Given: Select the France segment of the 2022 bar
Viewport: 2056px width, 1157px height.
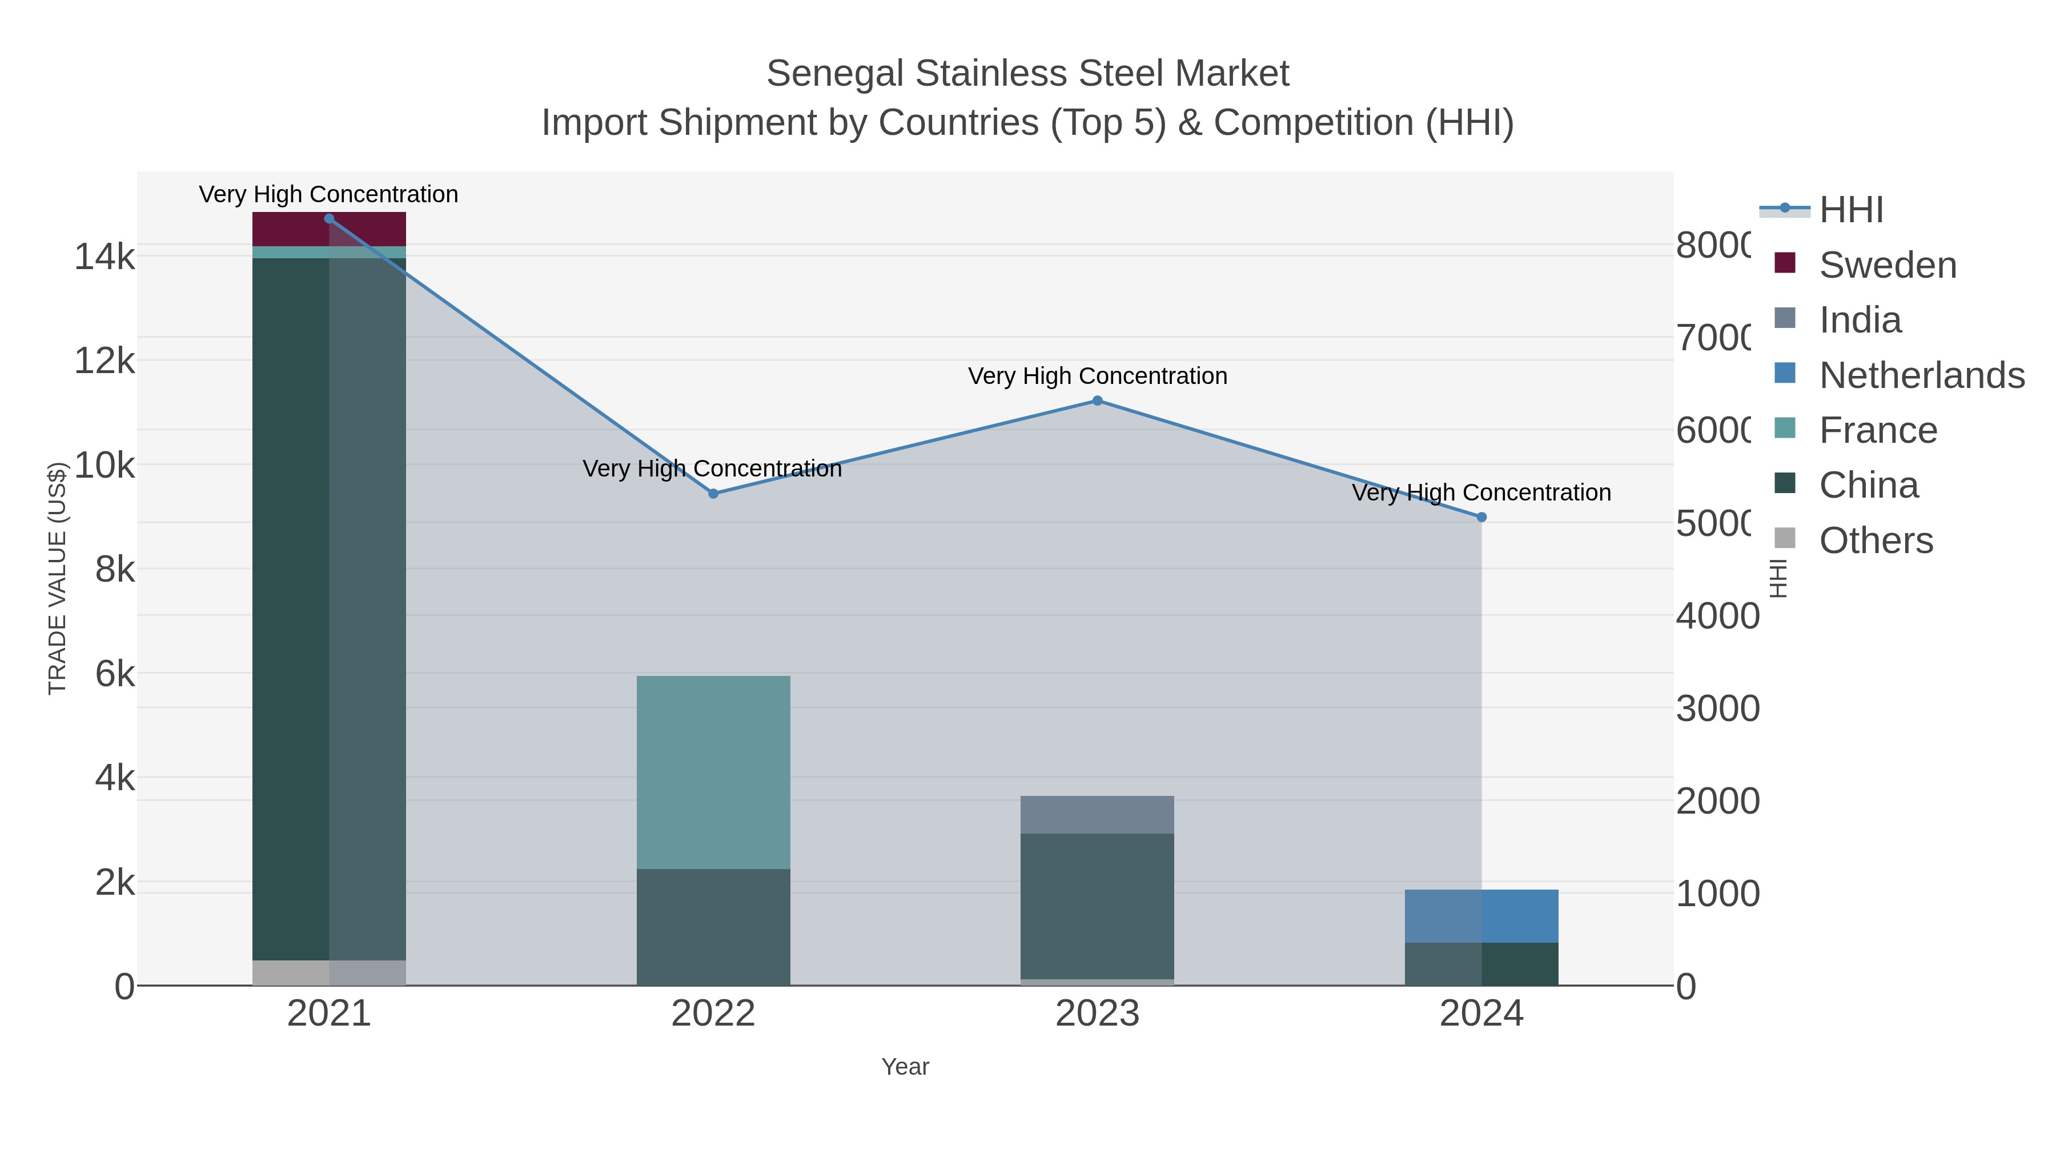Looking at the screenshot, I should [713, 771].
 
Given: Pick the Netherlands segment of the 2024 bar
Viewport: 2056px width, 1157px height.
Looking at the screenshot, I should [1481, 916].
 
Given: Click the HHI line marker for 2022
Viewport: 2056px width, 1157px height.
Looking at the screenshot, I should [713, 494].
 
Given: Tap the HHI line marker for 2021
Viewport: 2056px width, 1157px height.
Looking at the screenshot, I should [329, 219].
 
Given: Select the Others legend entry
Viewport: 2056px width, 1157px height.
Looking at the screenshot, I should [1876, 541].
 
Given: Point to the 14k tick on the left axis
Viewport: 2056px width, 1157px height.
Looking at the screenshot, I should [105, 257].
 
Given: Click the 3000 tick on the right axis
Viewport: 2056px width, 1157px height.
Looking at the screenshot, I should [1717, 708].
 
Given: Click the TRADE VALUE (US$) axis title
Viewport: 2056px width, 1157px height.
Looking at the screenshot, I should [58, 578].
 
